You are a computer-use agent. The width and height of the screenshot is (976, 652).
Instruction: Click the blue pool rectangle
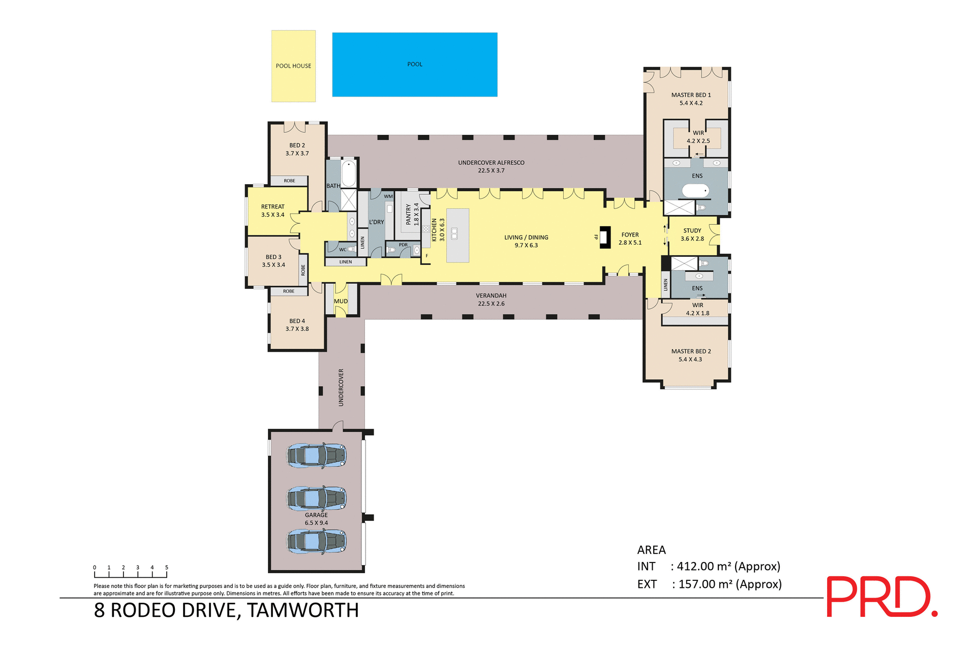coord(414,65)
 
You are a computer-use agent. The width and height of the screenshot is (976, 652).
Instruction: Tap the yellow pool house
coord(293,66)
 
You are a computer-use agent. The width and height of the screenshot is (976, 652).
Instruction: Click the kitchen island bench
coord(457,235)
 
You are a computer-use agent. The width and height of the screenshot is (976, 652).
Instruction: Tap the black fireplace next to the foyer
coord(604,237)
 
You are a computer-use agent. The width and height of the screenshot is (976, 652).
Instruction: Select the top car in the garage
coord(316,455)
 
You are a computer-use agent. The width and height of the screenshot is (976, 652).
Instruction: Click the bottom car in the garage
coord(316,542)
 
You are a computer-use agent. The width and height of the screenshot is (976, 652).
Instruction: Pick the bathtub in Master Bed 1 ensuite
coord(695,191)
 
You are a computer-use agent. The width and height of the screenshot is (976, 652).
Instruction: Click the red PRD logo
coord(881,597)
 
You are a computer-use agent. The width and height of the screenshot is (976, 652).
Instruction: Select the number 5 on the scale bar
coord(166,568)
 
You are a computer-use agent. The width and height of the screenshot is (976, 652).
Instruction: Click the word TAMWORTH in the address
coord(303,610)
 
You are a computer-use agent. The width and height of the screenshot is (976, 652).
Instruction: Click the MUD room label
coord(341,302)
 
